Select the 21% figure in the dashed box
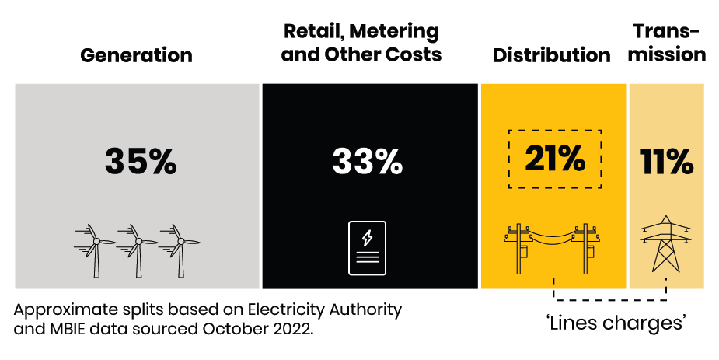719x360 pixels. pyautogui.click(x=554, y=159)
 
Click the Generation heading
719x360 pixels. pyautogui.click(x=136, y=55)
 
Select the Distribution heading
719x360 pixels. pyautogui.click(x=551, y=55)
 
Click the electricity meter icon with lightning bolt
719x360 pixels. pyautogui.click(x=367, y=248)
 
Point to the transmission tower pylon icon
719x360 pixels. pyautogui.click(x=666, y=243)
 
